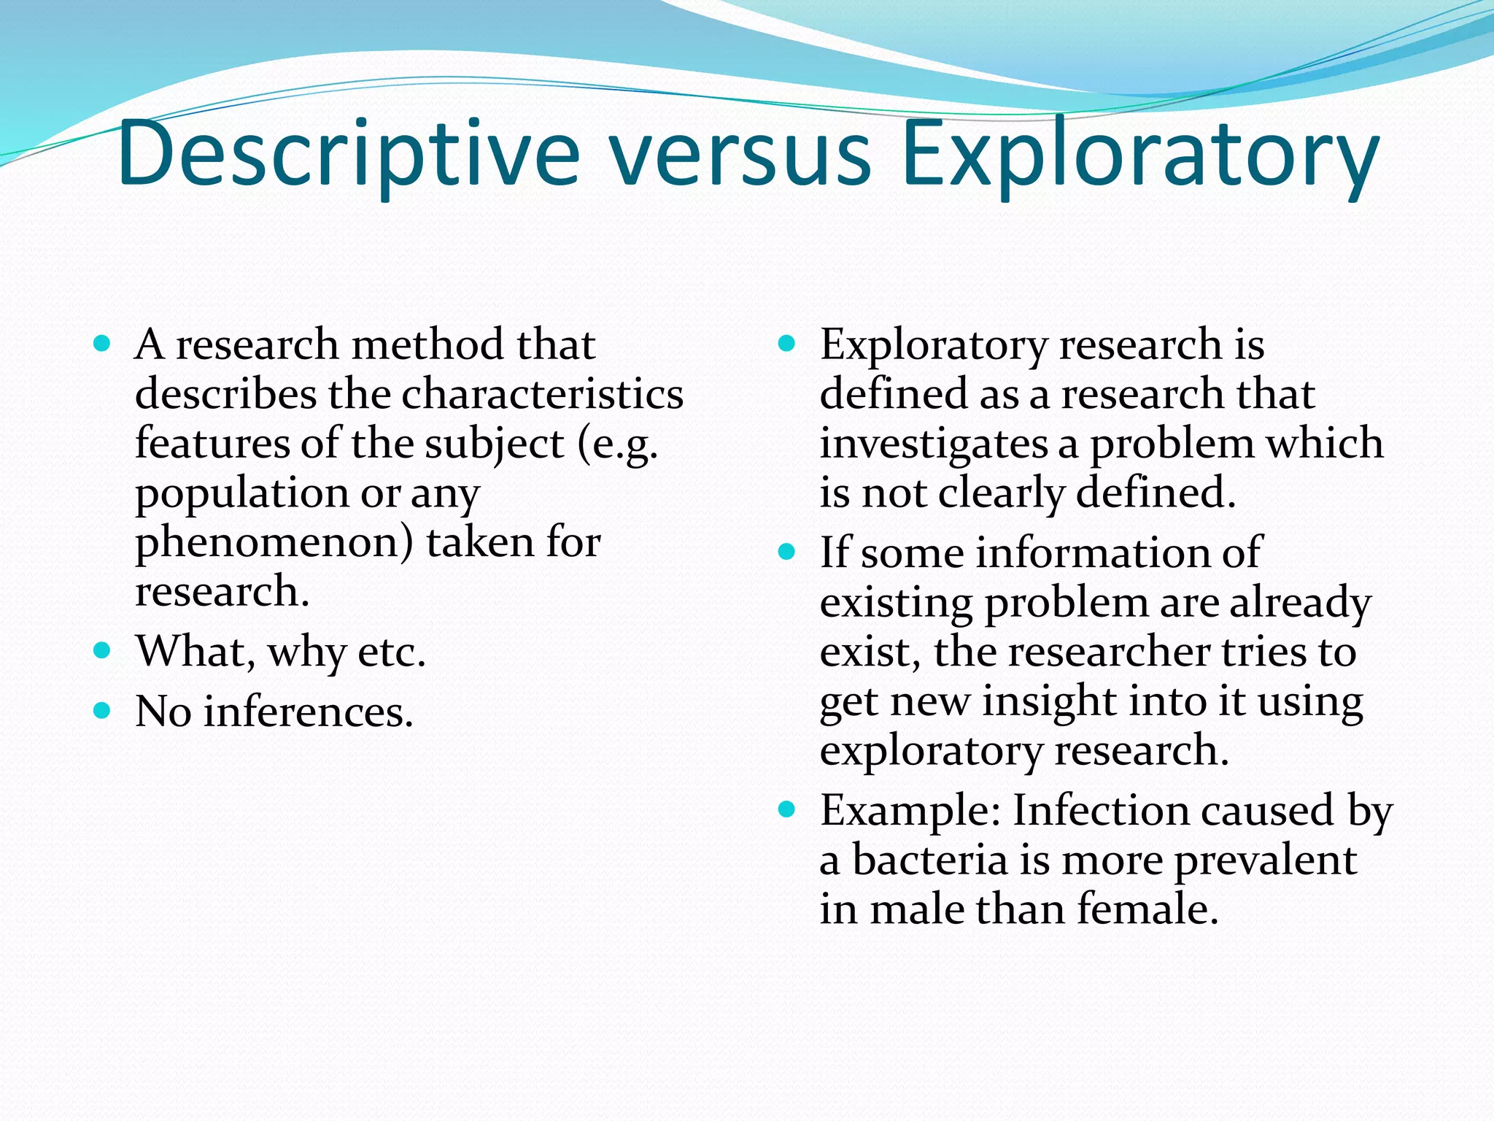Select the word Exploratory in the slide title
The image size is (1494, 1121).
click(x=1139, y=155)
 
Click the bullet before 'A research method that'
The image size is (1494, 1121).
click(x=102, y=343)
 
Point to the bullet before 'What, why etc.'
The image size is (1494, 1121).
click(x=102, y=650)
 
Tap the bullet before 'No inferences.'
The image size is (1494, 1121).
click(x=102, y=710)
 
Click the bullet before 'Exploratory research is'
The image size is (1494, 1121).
click(x=786, y=343)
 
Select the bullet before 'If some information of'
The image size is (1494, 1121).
click(x=786, y=552)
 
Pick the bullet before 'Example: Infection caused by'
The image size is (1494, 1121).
click(x=786, y=809)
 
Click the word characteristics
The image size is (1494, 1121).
click(x=542, y=394)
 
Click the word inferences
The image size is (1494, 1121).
click(x=308, y=712)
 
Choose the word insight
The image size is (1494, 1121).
click(x=1049, y=702)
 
